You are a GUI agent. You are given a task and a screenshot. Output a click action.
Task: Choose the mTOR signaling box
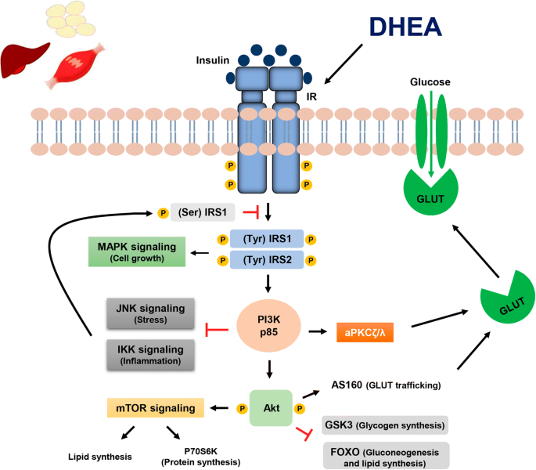[x=155, y=408]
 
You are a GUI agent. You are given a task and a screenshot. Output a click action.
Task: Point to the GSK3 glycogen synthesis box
[x=385, y=425]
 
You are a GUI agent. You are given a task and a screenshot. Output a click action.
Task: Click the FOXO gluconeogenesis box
[x=386, y=456]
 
